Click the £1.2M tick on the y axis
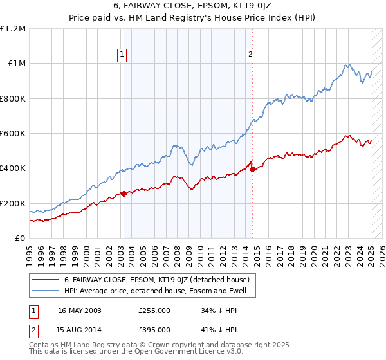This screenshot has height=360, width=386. [13, 29]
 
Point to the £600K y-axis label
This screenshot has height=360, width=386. [13, 134]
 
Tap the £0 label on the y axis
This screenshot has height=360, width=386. [19, 239]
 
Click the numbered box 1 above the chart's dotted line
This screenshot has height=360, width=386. [122, 55]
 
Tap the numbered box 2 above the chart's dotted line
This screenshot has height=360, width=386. [250, 55]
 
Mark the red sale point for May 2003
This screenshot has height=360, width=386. [124, 194]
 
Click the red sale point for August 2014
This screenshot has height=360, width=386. [252, 169]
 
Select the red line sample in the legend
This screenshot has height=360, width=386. [45, 280]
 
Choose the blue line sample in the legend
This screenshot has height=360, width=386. [45, 291]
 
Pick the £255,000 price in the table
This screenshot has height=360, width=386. [154, 310]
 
